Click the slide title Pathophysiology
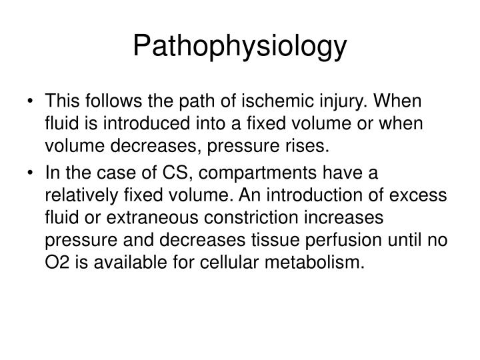coord(239,46)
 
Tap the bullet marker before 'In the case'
coord(33,175)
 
